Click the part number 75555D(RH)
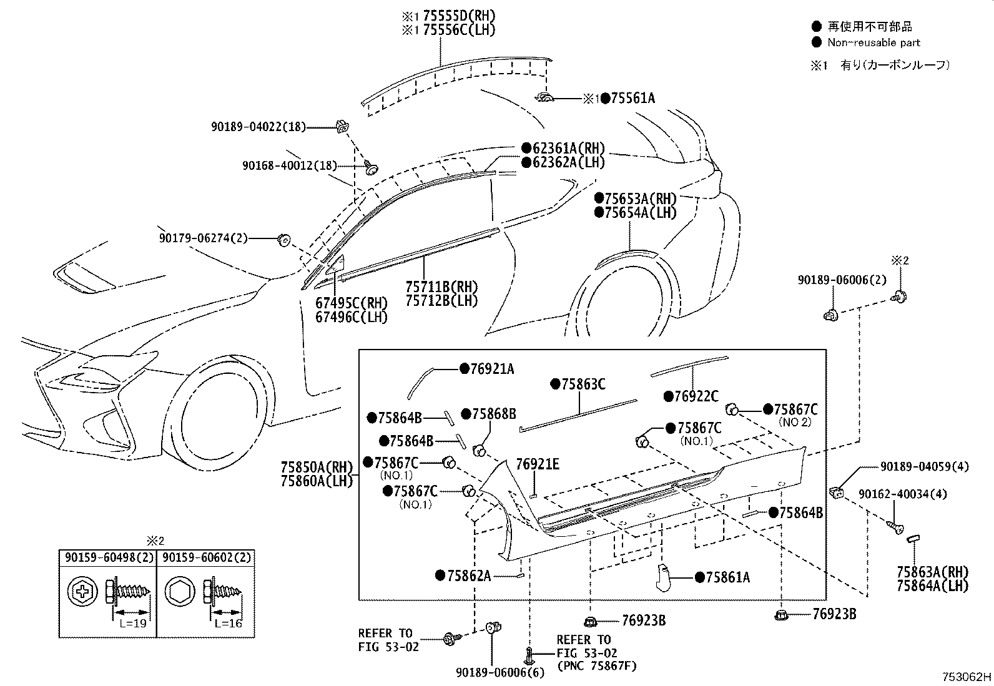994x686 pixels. [459, 16]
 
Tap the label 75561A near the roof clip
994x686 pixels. [632, 98]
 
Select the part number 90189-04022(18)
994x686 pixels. [258, 127]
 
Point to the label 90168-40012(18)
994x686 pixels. [290, 165]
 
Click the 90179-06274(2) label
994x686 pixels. [204, 238]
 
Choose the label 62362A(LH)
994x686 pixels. [568, 162]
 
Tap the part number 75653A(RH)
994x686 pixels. [641, 198]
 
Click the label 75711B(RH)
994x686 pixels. [442, 287]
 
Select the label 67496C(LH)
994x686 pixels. [352, 317]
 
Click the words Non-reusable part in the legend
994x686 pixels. [873, 42]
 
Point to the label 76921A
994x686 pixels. [492, 369]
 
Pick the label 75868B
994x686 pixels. [494, 414]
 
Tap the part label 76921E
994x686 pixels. [538, 464]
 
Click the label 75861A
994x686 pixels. [728, 577]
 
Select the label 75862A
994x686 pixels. [469, 576]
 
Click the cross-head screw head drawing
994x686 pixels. [82, 592]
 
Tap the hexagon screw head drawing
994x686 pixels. [179, 592]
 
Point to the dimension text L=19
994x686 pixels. [133, 624]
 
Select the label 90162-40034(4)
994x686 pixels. [903, 494]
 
